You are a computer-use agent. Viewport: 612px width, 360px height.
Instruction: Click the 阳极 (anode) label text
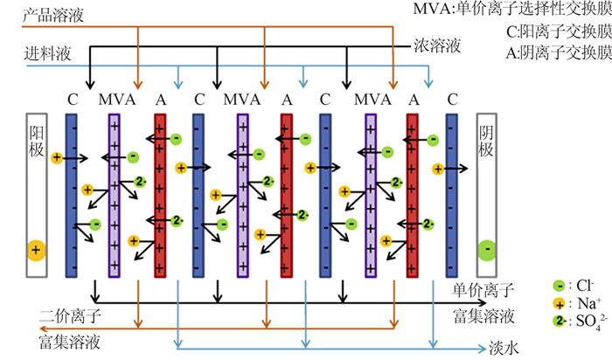click(x=37, y=141)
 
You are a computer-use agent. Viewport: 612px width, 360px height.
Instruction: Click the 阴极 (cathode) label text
click(x=486, y=141)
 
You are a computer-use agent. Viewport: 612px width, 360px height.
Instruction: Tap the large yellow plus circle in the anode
click(x=37, y=251)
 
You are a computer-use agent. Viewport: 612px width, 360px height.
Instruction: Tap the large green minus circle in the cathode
click(x=487, y=250)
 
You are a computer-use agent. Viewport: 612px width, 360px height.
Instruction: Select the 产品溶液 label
click(x=53, y=16)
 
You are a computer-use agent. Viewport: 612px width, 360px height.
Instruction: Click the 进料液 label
click(x=47, y=53)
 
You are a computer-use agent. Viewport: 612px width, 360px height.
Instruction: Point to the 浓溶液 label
click(x=437, y=46)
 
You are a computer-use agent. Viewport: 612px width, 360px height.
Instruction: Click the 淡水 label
click(x=504, y=348)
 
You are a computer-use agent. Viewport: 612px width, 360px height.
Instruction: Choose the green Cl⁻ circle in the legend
click(x=559, y=286)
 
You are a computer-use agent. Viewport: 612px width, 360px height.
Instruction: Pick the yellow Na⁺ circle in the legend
click(x=559, y=304)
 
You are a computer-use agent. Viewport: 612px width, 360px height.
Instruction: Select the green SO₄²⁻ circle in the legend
click(x=559, y=321)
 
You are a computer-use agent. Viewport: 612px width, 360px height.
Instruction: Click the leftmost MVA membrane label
click(x=117, y=100)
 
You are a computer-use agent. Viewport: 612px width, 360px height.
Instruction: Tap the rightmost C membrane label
click(x=452, y=100)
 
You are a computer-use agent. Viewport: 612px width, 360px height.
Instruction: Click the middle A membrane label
click(x=287, y=100)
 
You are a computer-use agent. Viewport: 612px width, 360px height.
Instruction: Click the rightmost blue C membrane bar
click(x=452, y=196)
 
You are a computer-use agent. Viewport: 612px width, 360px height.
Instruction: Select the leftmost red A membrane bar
click(x=160, y=196)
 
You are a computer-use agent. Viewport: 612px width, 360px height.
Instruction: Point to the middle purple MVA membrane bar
click(x=243, y=196)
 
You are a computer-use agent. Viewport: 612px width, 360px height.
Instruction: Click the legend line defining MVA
click(x=512, y=9)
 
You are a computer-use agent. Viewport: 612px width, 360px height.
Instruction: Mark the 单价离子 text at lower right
click(x=483, y=290)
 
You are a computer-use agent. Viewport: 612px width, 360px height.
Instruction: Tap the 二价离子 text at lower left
click(x=70, y=315)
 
